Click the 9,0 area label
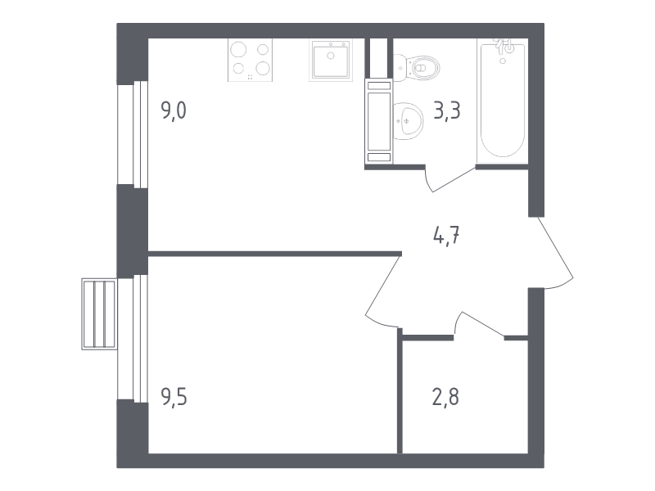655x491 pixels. (x=174, y=111)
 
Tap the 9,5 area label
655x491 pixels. (x=174, y=397)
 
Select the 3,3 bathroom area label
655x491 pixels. (x=447, y=111)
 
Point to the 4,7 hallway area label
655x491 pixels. (x=447, y=236)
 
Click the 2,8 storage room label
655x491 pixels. (x=445, y=397)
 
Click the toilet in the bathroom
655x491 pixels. (x=417, y=68)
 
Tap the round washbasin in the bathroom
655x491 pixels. (x=408, y=121)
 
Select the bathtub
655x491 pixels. (x=503, y=100)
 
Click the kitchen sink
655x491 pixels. (x=331, y=59)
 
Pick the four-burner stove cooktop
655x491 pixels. (x=250, y=60)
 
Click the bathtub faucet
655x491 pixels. (x=504, y=47)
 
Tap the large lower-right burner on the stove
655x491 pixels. (x=263, y=68)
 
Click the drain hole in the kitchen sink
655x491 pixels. (x=331, y=56)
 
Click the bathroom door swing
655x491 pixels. (x=449, y=178)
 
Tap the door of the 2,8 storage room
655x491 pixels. (x=480, y=324)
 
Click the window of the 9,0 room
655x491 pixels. (x=133, y=134)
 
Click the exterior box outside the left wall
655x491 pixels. (x=99, y=314)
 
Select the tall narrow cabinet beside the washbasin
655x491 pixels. (x=379, y=121)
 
